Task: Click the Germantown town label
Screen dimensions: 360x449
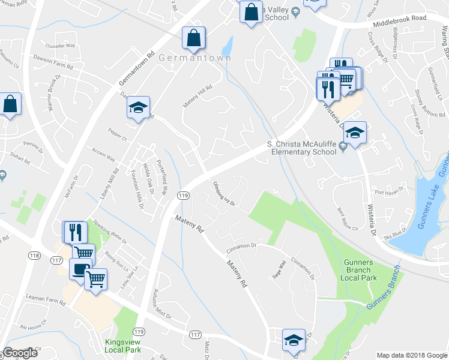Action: pos(186,58)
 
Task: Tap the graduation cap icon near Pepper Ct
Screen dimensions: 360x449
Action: pos(138,107)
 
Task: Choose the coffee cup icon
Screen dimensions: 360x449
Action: pos(80,269)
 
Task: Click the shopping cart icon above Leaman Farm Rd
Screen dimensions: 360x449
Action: pos(96,278)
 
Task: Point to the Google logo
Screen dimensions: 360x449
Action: pos(20,353)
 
